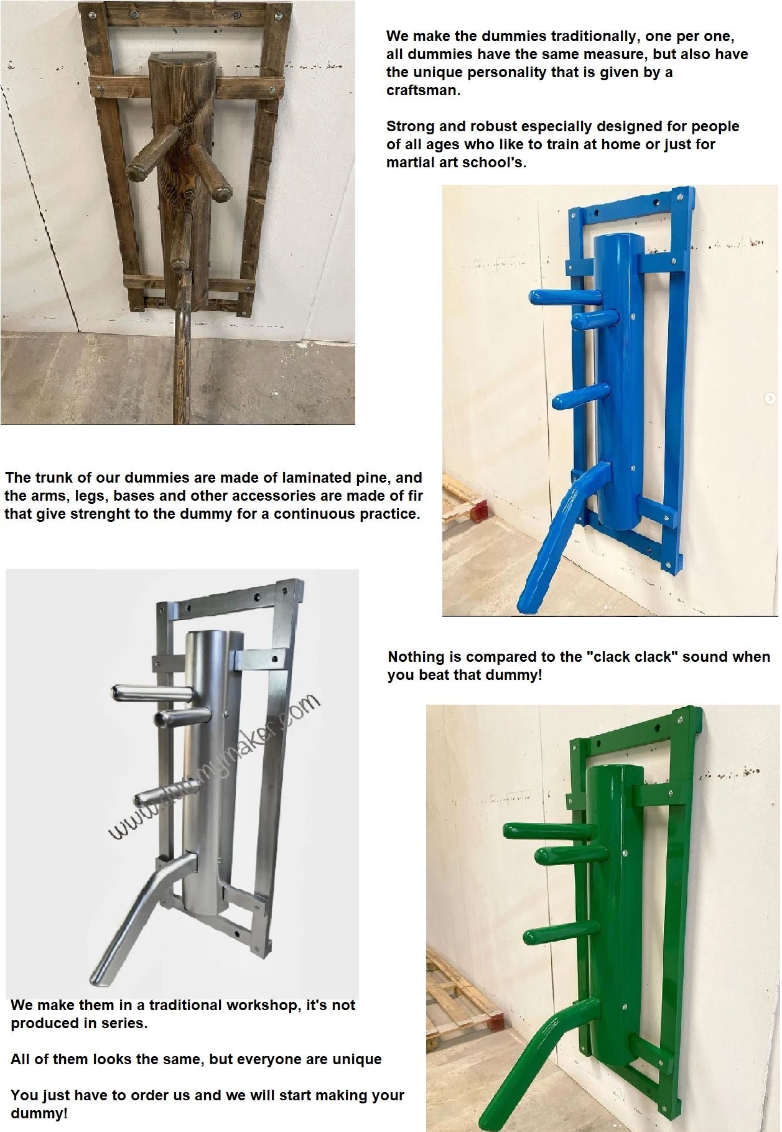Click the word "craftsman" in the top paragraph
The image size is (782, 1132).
422,90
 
